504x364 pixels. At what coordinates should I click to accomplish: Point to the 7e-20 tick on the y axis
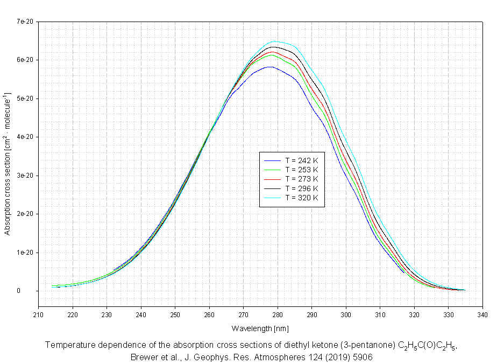25,22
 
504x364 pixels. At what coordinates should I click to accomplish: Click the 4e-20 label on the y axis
25,137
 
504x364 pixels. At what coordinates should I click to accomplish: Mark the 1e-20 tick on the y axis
25,253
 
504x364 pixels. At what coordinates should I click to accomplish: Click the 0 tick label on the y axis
33,291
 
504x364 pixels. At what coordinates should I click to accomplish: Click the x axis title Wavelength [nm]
260,328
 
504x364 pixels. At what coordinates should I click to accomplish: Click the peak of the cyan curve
274,41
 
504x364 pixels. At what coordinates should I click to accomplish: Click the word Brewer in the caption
145,357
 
